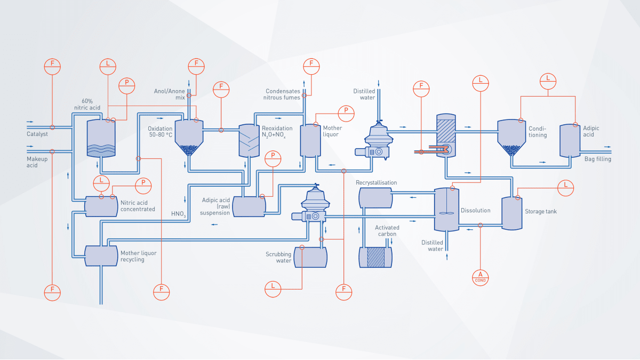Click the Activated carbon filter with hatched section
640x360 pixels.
point(375,257)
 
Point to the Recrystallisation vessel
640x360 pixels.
point(375,197)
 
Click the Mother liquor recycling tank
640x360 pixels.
point(101,255)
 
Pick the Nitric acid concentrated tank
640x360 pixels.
point(101,206)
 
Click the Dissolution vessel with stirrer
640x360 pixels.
point(447,209)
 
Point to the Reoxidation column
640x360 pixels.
point(249,140)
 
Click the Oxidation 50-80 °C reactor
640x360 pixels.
point(188,137)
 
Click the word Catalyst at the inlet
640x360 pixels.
point(37,134)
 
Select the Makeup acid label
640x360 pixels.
point(37,162)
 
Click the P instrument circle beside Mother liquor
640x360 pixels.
point(346,110)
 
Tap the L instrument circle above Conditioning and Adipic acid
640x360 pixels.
point(548,79)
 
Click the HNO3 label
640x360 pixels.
point(178,214)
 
